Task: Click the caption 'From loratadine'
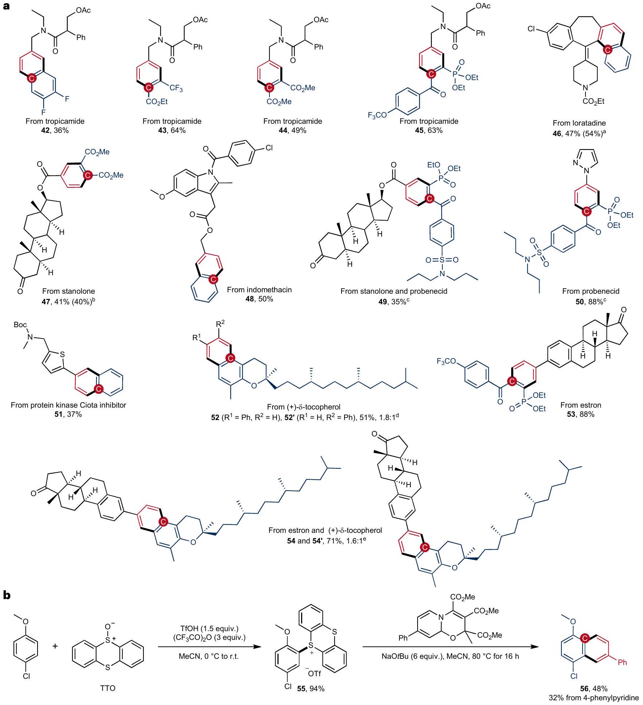tap(579, 123)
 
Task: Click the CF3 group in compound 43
tap(176, 89)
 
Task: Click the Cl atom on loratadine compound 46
tap(532, 29)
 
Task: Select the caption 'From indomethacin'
tap(259, 290)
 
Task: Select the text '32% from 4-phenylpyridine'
tap(594, 698)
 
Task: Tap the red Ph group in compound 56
tap(622, 662)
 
